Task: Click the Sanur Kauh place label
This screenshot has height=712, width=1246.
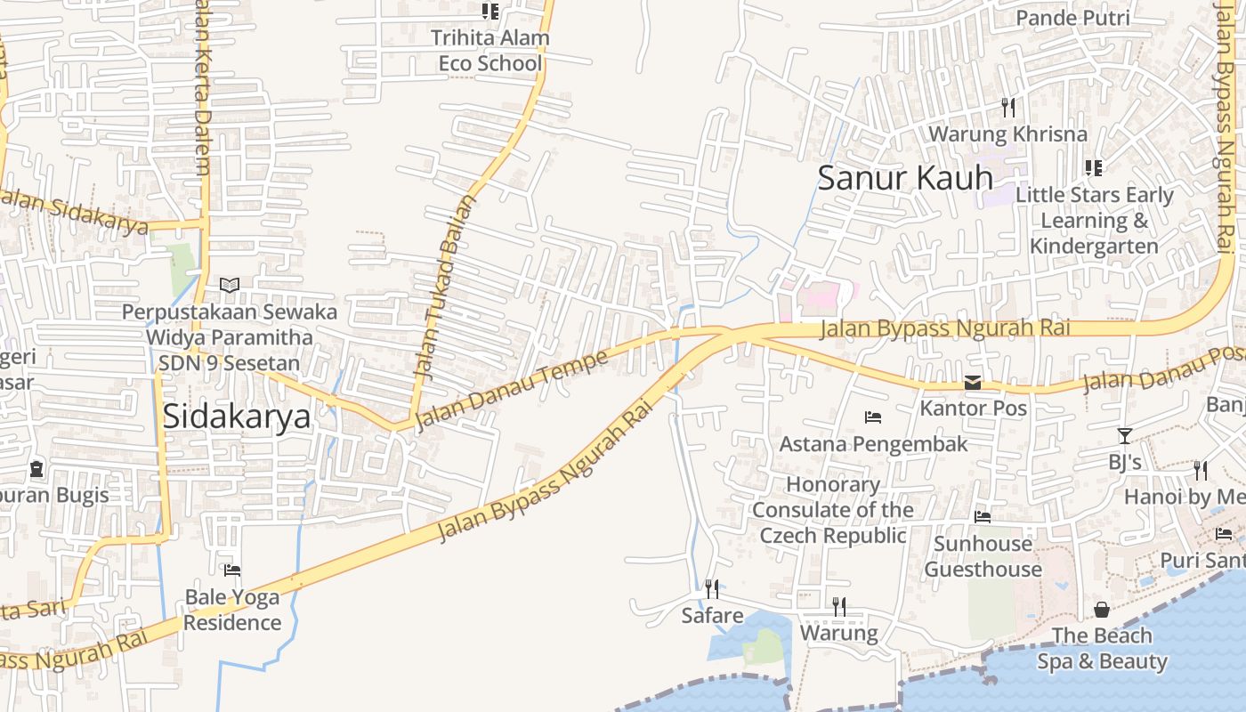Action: pos(904,177)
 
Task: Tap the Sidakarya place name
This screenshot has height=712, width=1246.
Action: pos(237,417)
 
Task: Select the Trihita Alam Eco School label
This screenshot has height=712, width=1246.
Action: pos(489,51)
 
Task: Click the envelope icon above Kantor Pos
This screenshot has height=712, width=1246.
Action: pos(973,383)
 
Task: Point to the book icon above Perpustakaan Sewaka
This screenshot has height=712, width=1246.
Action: pos(230,285)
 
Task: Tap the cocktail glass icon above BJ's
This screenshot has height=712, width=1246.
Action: pos(1125,436)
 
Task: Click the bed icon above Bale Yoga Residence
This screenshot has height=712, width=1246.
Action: pos(232,570)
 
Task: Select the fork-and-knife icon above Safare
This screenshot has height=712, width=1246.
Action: pos(712,588)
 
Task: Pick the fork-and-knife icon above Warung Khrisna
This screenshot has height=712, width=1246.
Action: pos(1008,108)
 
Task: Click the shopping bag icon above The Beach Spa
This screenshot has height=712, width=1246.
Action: pos(1102,610)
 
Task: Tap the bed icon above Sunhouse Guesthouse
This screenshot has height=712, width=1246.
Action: pos(983,516)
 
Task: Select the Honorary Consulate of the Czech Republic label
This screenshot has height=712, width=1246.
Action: pos(833,510)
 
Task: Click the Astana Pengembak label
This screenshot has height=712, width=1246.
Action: pos(873,443)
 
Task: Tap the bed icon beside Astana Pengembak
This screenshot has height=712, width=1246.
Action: pos(873,417)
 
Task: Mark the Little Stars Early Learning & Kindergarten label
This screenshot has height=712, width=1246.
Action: pos(1094,220)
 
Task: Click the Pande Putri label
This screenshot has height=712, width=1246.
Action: pos(1072,18)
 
